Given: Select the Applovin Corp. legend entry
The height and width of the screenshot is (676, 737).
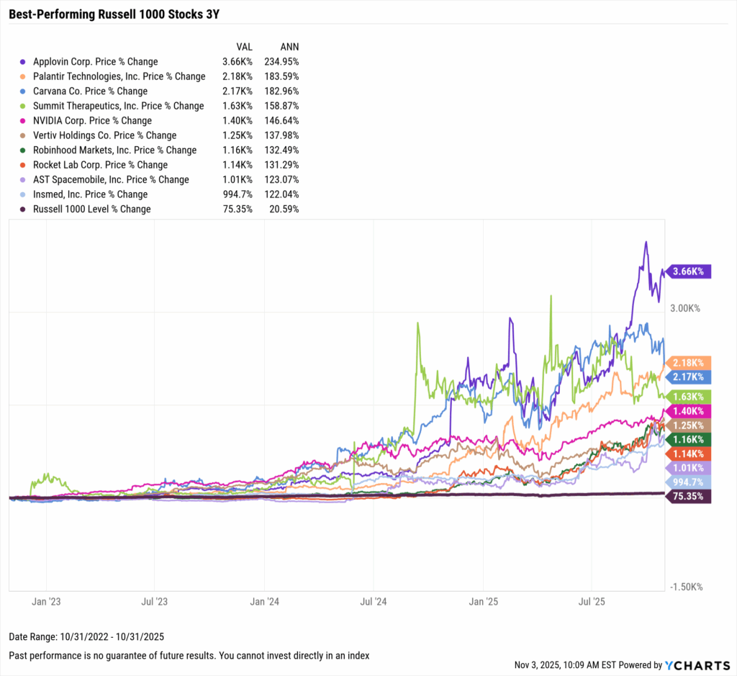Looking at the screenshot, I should [x=95, y=62].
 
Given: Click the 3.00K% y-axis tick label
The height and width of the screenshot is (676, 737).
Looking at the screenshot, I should [x=684, y=308].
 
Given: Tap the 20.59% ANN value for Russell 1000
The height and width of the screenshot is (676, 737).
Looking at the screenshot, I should [x=284, y=209].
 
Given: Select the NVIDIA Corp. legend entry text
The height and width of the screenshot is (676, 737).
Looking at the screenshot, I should [x=92, y=121].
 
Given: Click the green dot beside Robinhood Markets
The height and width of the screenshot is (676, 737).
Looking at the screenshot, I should [x=25, y=150].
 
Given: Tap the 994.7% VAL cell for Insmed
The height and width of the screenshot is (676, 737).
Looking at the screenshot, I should [x=238, y=194].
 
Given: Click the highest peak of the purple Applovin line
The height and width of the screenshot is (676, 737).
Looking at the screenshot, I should [x=646, y=242].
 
